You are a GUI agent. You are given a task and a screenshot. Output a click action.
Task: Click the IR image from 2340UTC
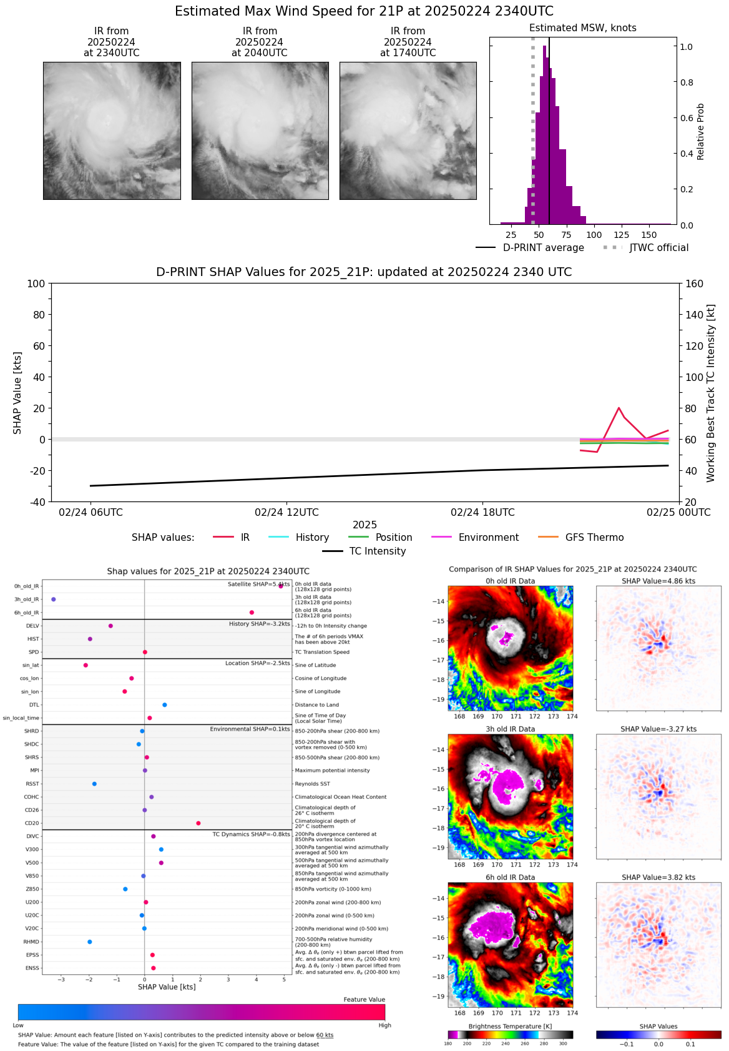(112, 131)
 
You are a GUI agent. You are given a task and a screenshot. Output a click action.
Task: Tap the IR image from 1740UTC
(408, 131)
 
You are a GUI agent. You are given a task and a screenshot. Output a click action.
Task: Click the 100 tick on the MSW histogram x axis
(594, 235)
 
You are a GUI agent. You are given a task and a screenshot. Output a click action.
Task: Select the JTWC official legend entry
(658, 248)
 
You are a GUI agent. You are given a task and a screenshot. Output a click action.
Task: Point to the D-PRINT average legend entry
(543, 248)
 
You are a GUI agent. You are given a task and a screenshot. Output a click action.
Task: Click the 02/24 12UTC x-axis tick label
(286, 513)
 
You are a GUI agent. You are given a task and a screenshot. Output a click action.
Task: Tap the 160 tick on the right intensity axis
(695, 284)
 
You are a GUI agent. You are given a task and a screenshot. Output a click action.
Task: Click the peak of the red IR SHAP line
(619, 408)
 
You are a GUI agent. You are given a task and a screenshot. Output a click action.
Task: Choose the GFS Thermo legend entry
(594, 538)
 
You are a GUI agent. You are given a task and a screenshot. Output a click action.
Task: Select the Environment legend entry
(488, 538)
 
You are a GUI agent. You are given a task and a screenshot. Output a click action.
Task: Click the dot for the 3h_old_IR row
(54, 600)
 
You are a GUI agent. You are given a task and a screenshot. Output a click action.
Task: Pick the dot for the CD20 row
(198, 823)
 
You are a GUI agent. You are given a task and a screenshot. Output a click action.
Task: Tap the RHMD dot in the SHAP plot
(90, 942)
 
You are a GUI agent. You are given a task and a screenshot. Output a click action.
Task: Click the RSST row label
(32, 784)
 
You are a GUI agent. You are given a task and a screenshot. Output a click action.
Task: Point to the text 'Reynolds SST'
(313, 784)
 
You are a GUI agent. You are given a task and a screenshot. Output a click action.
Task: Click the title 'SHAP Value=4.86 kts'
(658, 581)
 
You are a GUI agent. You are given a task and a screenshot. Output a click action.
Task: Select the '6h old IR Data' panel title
(510, 877)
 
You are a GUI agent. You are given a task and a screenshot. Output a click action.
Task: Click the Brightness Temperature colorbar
(510, 1035)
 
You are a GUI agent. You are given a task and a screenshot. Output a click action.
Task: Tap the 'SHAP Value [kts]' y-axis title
(17, 393)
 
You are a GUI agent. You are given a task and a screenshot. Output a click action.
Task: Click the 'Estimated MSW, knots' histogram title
(582, 28)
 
